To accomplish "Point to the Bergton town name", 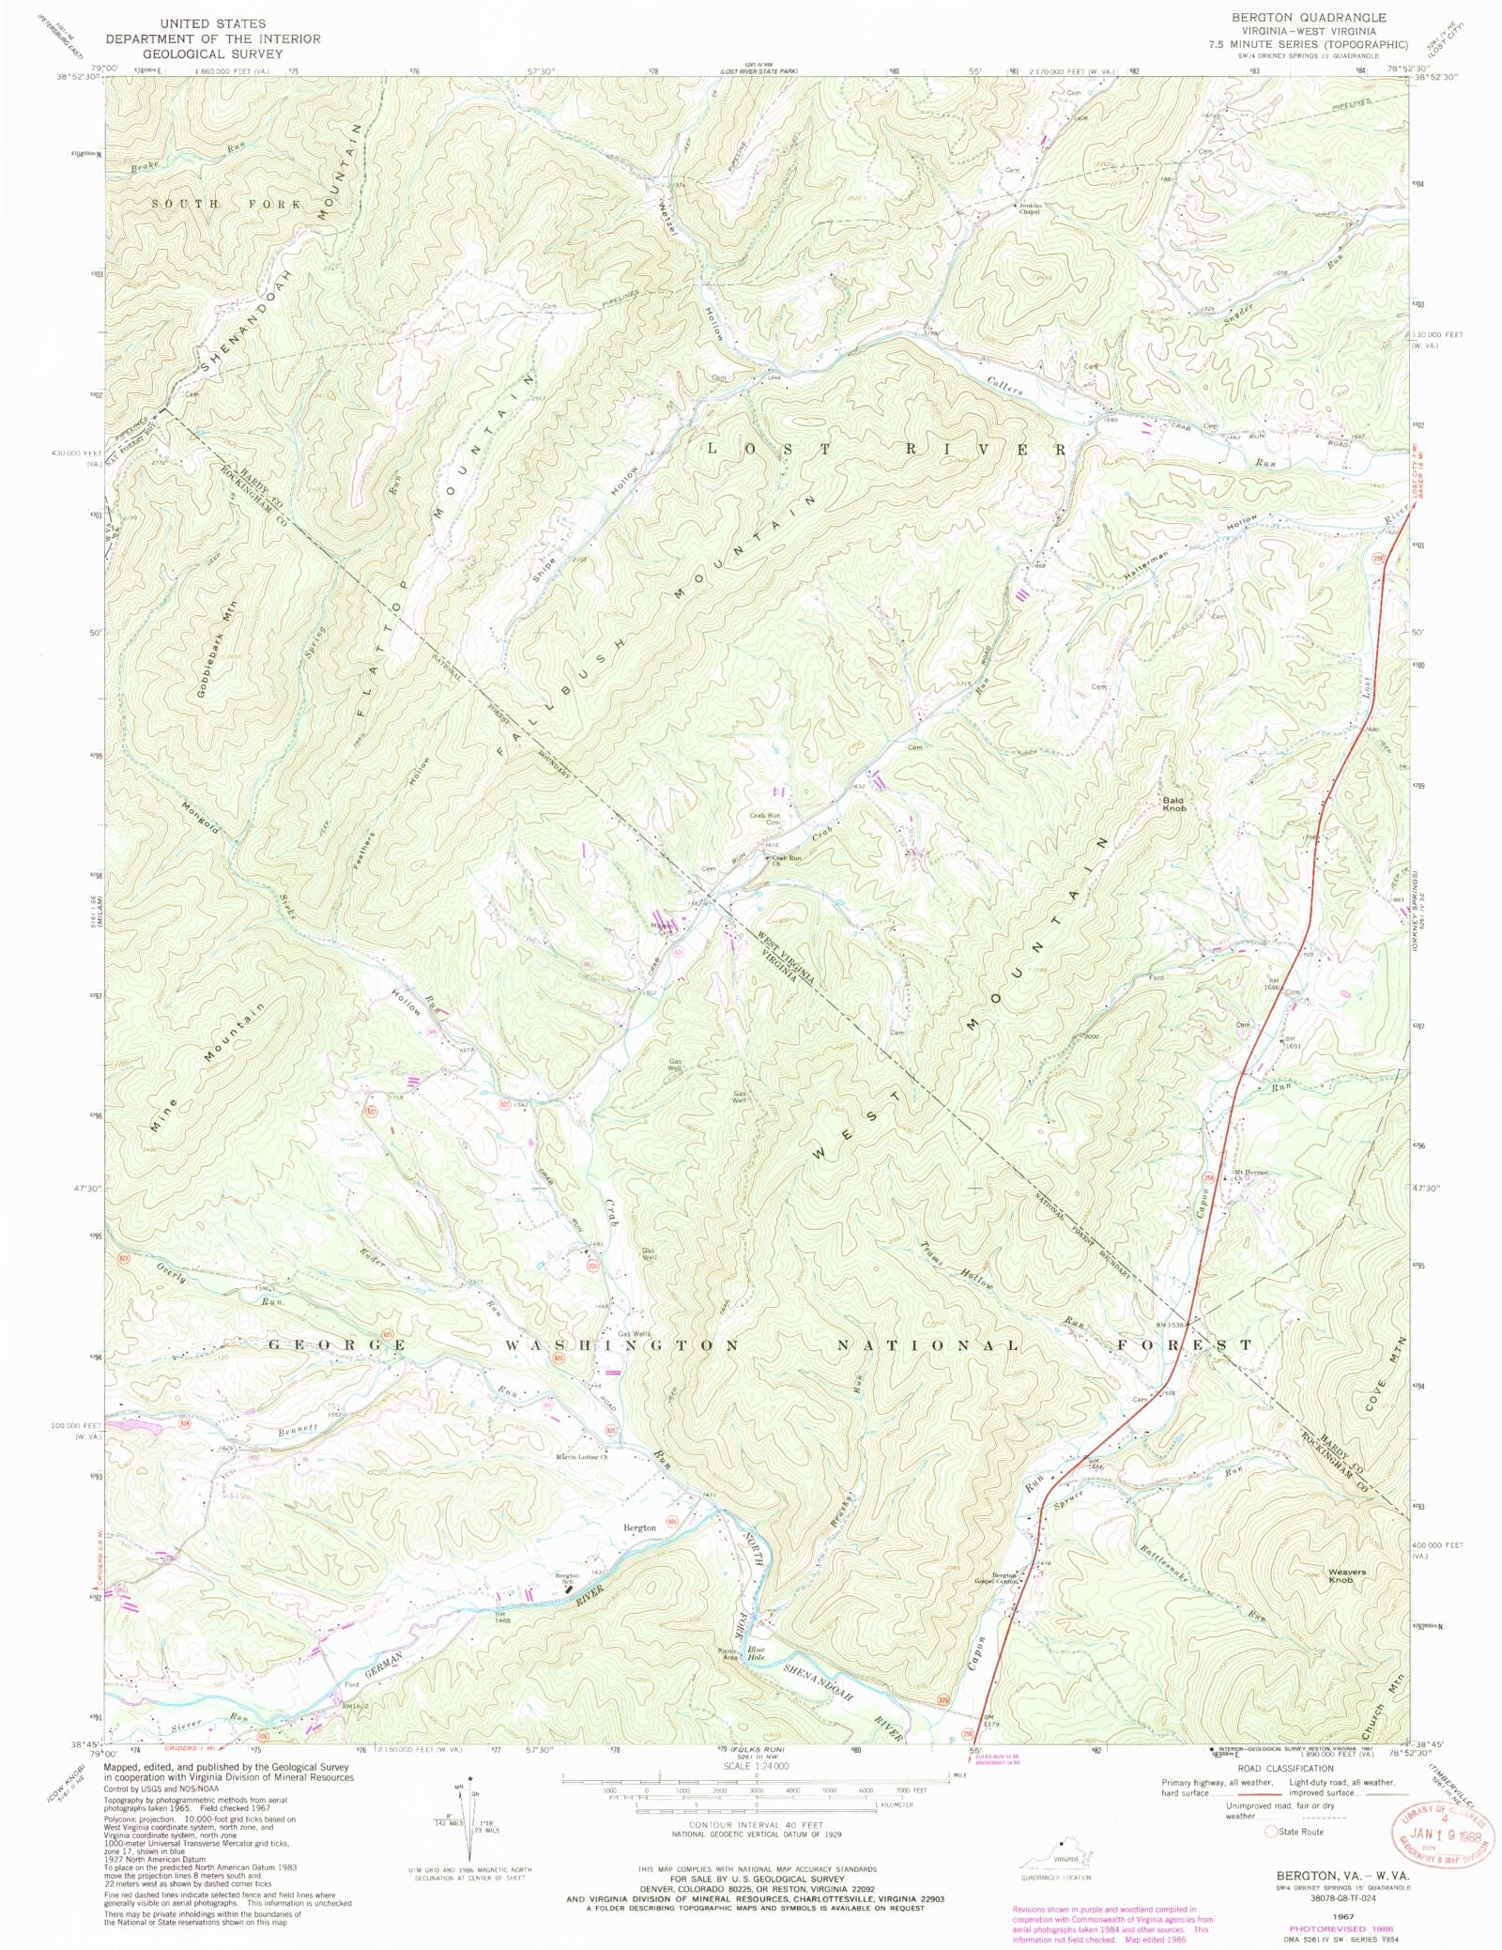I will pos(640,1528).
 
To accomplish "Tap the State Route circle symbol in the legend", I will pos(1272,1831).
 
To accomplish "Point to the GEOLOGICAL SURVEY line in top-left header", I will pos(212,54).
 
